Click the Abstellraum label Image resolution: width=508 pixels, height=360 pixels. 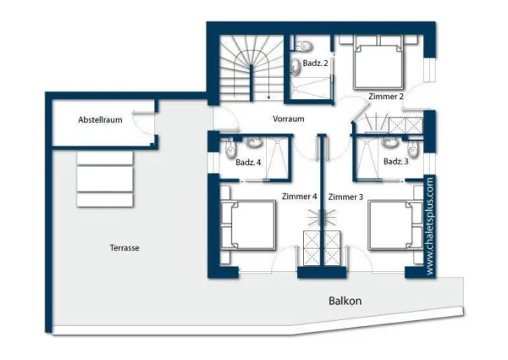101,120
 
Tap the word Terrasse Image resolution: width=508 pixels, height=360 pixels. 124,248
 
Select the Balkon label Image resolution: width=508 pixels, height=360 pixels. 345,301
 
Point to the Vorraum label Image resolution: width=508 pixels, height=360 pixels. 289,119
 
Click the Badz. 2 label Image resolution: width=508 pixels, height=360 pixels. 315,63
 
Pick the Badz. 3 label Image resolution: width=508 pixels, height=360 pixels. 396,161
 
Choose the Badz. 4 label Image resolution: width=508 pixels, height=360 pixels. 248,162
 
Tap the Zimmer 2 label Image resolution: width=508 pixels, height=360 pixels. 386,97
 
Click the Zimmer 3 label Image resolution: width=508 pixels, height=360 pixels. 345,197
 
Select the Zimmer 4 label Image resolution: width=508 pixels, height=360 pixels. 300,197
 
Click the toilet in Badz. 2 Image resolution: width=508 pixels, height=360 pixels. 304,46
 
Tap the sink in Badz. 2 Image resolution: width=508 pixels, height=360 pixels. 295,67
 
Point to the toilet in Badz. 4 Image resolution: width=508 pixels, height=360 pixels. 230,150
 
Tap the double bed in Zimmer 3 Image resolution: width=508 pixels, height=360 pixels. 391,225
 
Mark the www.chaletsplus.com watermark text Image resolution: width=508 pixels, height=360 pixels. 430,226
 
